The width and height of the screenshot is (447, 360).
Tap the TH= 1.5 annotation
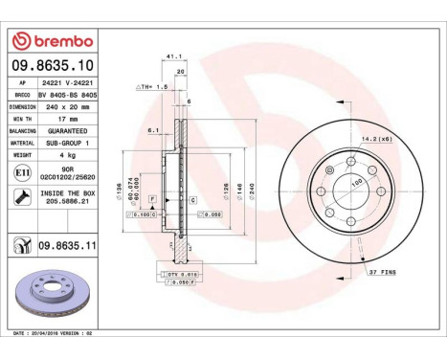(152, 86)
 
